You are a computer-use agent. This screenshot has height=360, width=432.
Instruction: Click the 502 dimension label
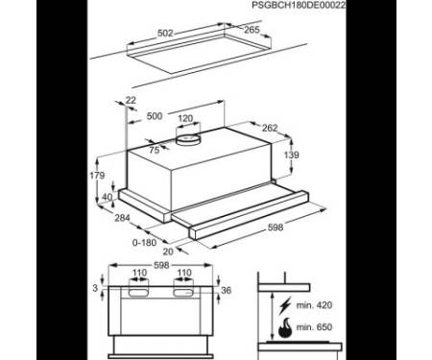coord(165,34)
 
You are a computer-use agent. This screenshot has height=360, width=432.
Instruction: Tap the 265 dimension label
coord(252,30)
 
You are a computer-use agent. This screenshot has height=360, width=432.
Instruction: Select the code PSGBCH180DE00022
coord(299,5)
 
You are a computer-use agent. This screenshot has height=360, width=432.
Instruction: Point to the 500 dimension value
coord(155,116)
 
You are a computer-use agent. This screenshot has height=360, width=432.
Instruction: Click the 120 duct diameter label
coord(185,119)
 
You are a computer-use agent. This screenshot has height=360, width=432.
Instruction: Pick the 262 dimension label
coord(270,128)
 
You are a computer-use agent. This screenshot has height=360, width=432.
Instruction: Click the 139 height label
coord(292,155)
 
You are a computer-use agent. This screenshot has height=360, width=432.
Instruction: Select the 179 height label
coord(97,176)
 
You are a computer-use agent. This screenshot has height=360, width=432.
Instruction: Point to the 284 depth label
coord(122,218)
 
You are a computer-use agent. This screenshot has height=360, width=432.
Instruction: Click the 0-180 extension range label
coord(144,243)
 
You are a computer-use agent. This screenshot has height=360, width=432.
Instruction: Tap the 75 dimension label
coord(155,150)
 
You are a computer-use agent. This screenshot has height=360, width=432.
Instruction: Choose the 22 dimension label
coord(131,100)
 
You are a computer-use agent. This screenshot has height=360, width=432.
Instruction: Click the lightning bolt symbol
coord(285,305)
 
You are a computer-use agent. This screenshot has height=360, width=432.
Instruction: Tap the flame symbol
coord(285,328)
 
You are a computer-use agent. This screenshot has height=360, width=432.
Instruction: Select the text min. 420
coord(314,305)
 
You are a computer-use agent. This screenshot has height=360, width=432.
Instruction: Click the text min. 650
coord(314,327)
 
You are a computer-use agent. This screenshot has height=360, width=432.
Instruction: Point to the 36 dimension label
coord(226,290)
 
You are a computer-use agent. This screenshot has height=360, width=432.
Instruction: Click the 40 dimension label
coord(108,197)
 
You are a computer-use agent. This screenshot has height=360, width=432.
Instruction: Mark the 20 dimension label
coord(168,252)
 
